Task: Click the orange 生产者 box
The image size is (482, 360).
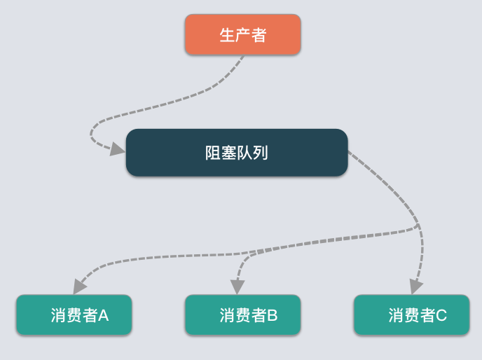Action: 242,34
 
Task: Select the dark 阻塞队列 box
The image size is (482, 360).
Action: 237,153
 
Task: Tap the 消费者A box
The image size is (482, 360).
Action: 74,314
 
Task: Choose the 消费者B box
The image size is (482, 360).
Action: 242,314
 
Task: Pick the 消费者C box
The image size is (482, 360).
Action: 412,314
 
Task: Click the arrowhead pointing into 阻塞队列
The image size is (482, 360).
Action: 118,149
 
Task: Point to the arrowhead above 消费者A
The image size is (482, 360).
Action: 79,286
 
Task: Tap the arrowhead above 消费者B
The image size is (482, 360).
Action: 237,287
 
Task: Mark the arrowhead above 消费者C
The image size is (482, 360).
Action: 416,286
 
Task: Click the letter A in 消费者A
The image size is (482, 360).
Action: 103,315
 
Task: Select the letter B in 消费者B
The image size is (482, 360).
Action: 272,315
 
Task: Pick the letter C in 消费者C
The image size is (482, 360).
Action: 441,315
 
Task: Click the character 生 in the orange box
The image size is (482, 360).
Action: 227,35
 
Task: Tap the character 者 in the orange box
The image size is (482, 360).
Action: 259,35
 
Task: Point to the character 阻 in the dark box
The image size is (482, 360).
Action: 213,153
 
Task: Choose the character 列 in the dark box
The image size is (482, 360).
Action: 260,153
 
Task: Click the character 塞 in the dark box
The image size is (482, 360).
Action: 228,153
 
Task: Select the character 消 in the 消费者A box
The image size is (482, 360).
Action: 58,315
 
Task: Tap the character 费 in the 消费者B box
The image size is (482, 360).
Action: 243,315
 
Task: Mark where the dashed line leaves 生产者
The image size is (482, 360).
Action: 244,55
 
